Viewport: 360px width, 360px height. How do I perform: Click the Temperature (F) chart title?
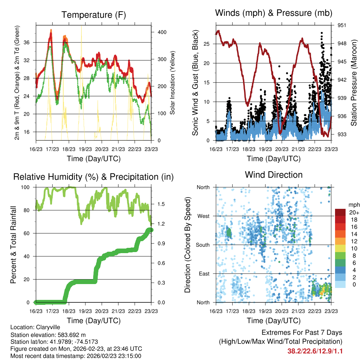[x=93, y=15]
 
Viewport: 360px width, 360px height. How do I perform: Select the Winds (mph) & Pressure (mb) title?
[x=274, y=13]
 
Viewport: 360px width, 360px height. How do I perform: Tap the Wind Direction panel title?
[x=274, y=175]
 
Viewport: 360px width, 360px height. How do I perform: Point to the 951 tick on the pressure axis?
[x=342, y=25]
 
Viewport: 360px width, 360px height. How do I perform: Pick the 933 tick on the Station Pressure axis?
[x=342, y=134]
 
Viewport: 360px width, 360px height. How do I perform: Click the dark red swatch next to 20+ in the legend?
[x=340, y=212]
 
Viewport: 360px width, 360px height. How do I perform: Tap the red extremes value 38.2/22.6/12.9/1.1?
[x=315, y=351]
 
